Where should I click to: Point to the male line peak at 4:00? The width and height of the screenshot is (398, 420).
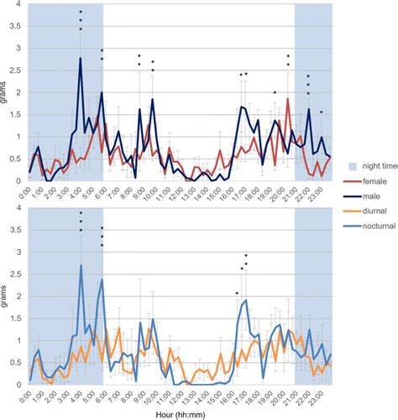pyautogui.click(x=80, y=58)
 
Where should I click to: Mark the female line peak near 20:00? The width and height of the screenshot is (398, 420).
pyautogui.click(x=288, y=100)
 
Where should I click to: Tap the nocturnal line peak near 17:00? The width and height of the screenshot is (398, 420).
pyautogui.click(x=245, y=300)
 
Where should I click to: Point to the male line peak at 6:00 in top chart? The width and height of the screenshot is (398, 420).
pyautogui.click(x=102, y=92)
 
